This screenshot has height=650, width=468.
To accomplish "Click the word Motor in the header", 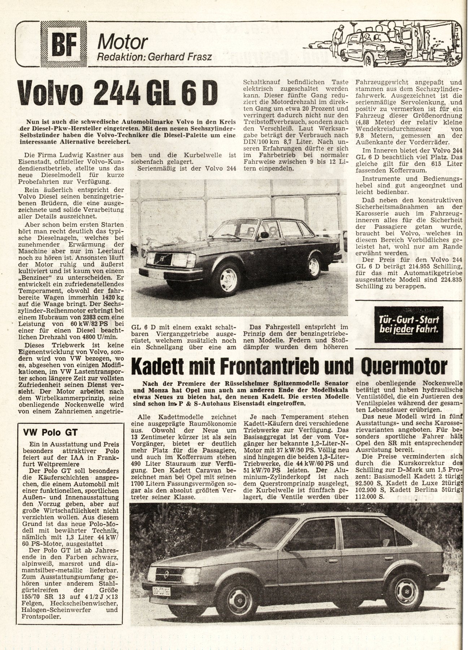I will tap(123, 42).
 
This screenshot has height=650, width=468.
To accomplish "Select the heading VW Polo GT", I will tap(51, 432).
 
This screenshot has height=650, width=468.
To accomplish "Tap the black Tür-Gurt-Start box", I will tap(408, 324).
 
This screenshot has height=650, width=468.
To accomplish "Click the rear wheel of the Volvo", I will tap(313, 266).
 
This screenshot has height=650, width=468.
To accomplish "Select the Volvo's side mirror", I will tap(264, 235).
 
